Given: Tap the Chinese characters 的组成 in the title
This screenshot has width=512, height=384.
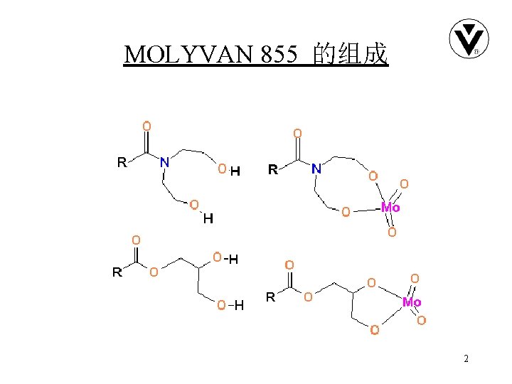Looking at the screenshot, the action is [350, 54].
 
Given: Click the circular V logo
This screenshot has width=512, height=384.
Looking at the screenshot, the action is [468, 39].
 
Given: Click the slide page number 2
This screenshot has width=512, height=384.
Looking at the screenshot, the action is [466, 359].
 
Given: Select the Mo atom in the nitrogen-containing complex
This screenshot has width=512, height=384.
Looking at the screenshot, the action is [390, 208].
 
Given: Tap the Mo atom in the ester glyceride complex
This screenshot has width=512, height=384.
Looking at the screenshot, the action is [412, 302].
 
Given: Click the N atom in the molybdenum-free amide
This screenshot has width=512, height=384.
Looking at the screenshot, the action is [165, 162].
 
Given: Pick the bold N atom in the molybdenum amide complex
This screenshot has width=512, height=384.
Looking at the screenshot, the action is [316, 169].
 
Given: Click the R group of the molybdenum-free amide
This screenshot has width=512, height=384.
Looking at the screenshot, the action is [122, 162].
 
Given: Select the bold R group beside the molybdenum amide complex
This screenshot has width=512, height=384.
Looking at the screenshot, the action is [272, 169].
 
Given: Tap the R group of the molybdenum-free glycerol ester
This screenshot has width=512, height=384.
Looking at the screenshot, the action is [117, 272].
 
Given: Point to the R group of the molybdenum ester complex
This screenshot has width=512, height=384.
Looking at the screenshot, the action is [270, 297].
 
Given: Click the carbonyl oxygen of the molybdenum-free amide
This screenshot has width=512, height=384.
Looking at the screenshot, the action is [146, 126].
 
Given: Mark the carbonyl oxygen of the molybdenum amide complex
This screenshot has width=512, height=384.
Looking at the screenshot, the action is [297, 133].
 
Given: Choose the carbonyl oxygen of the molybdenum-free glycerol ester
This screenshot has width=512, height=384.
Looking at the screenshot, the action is [136, 240].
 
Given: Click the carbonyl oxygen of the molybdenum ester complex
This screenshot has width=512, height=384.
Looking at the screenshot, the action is [289, 265].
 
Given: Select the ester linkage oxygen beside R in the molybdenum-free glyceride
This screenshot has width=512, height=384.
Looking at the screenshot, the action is [153, 271].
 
